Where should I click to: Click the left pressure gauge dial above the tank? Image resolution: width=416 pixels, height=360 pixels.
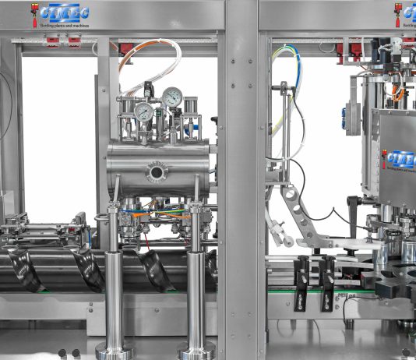click(x=144, y=111)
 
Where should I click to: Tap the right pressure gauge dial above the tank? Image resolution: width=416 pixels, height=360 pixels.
click(x=172, y=97)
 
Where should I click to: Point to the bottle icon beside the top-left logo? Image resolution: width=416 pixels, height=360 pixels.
click(x=33, y=15)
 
